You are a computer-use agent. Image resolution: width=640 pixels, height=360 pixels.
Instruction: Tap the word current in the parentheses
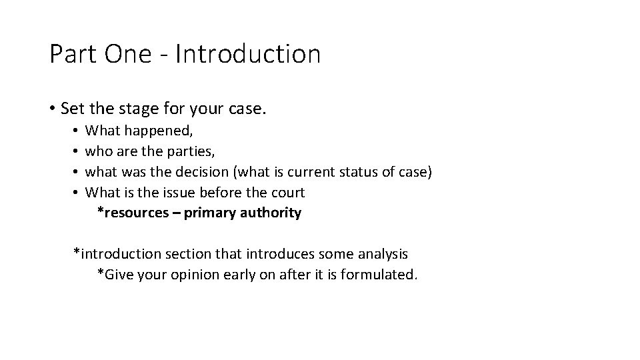pos(311,173)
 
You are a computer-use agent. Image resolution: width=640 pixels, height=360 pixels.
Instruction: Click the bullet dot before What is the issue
pos(77,193)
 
